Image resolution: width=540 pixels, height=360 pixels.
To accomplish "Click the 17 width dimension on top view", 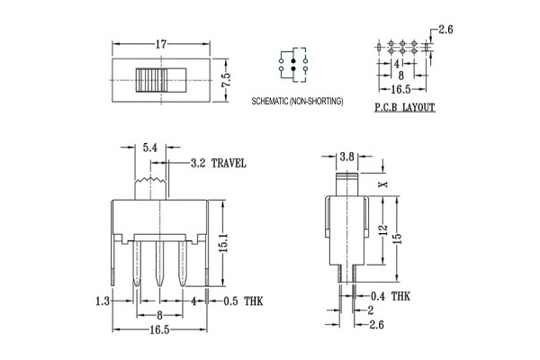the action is coord(161,44).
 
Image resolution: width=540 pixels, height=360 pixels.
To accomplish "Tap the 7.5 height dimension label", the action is coord(226,80).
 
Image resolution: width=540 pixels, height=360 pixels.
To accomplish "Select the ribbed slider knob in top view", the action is coord(151,80).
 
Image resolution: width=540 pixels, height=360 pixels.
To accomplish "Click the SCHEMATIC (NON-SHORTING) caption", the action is coord(297,102).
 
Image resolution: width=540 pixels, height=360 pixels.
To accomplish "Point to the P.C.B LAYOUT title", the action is coord(405,107).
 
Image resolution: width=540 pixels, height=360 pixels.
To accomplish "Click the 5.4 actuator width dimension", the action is coord(150,148).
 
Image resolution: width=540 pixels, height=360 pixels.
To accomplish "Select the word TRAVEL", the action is coord(229,163).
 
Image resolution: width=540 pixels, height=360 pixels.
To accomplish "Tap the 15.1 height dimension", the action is coord(223,243).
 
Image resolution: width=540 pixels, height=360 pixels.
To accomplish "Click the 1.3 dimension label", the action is coord(103,301).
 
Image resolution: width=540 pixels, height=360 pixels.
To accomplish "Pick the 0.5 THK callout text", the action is coord(243,301).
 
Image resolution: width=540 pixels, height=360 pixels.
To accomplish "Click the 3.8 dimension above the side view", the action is coord(346,157).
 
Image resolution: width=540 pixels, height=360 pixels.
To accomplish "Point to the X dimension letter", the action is coord(383,184).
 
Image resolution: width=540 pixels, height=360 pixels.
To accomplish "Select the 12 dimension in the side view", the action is coord(383,229).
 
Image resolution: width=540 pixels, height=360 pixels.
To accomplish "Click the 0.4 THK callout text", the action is coord(391,296).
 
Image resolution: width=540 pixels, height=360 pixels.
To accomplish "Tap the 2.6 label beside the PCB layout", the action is coord(445,30).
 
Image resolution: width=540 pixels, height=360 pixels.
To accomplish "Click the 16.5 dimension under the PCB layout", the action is coord(400,90).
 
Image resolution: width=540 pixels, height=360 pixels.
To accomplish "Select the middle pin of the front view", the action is coord(159,264).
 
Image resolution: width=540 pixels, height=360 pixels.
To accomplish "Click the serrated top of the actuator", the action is coord(150,180).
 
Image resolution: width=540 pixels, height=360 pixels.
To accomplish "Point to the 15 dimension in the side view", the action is coord(397,238).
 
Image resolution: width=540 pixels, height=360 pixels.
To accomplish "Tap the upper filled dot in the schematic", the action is coord(293,61).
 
